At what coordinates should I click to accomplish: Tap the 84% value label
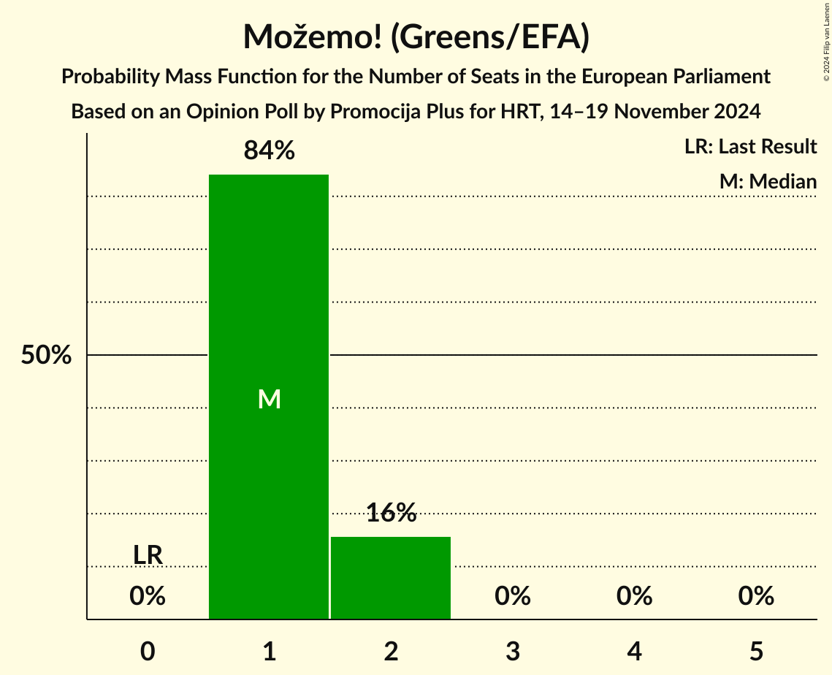click(269, 150)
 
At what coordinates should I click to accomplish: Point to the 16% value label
click(391, 513)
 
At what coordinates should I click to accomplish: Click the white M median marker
click(269, 399)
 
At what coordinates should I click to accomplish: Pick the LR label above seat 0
click(148, 555)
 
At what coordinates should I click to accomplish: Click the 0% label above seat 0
click(148, 596)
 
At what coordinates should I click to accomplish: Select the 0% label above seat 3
click(513, 596)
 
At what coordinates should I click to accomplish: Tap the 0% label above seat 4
click(634, 596)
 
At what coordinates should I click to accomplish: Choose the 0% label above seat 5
click(756, 596)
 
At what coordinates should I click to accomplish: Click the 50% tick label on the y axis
click(46, 356)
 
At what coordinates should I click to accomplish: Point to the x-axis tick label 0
click(148, 651)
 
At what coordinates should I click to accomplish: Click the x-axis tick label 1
click(269, 651)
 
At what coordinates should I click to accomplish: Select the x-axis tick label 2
click(391, 651)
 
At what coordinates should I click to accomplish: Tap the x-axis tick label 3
click(513, 651)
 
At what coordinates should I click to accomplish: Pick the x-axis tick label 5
click(756, 651)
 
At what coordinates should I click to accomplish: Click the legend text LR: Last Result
click(750, 147)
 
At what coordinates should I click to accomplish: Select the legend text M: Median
click(768, 182)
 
